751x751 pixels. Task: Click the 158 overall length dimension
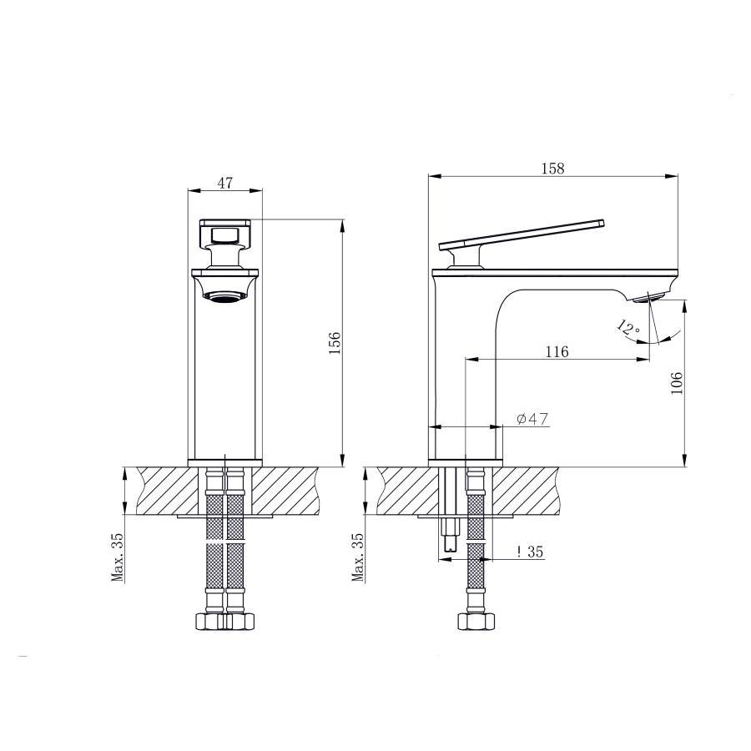(x=552, y=169)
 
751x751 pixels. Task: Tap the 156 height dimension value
(x=335, y=342)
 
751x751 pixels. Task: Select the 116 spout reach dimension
(x=557, y=352)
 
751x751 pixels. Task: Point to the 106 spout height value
(x=676, y=383)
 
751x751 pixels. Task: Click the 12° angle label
(x=628, y=328)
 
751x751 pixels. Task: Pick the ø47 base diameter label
(x=532, y=419)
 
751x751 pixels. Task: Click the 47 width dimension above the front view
(x=224, y=183)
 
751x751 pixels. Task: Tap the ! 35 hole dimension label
(x=530, y=552)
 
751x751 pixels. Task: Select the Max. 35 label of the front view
(x=118, y=557)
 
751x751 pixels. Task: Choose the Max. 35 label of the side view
(x=358, y=557)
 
